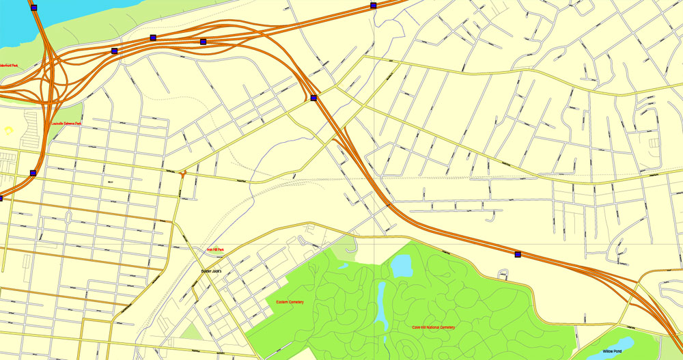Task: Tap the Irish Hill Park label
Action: click(x=216, y=251)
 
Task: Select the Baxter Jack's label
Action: click(x=212, y=271)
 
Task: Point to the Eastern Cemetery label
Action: click(x=290, y=302)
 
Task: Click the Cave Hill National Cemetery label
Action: click(x=433, y=328)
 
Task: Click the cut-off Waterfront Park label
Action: click(x=9, y=65)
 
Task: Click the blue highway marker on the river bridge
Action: click(x=34, y=8)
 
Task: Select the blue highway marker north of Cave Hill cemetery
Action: click(x=517, y=255)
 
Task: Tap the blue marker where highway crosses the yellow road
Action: click(x=313, y=98)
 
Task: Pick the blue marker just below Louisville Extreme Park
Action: click(x=33, y=173)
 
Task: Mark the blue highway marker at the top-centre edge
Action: click(x=374, y=5)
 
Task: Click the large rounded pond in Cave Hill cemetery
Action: click(x=402, y=265)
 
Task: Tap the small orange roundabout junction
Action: click(x=184, y=174)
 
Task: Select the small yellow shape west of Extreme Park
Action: click(x=9, y=130)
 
